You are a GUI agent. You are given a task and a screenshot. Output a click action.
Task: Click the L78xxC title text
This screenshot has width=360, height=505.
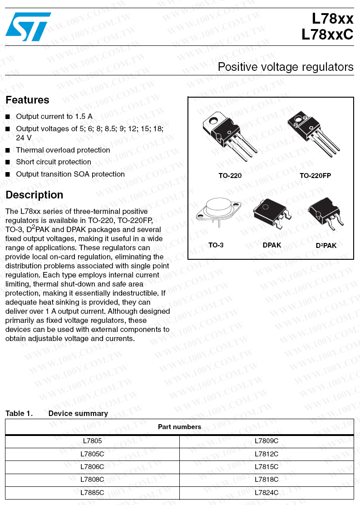point(327,35)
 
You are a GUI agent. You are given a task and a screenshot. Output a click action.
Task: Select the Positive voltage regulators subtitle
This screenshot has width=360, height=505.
point(285,67)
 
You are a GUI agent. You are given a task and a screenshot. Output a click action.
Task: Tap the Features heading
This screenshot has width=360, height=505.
point(27,100)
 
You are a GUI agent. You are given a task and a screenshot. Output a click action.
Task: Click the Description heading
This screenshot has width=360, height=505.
point(34,195)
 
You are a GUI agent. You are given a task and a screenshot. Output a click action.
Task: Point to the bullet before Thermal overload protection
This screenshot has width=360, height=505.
point(8,150)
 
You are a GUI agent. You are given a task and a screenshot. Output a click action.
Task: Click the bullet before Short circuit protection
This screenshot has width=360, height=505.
point(8,162)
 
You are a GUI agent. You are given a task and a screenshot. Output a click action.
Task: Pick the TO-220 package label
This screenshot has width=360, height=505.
point(230,176)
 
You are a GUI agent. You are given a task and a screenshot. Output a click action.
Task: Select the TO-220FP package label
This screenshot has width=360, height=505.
point(315,176)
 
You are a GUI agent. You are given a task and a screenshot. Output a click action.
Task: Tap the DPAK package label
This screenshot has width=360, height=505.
point(272,245)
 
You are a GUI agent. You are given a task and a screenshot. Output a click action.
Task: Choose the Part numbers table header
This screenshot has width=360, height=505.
point(179,427)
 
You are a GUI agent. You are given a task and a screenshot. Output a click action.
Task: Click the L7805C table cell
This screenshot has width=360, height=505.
point(92,454)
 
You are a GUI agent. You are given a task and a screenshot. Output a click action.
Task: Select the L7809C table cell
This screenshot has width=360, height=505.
point(266,441)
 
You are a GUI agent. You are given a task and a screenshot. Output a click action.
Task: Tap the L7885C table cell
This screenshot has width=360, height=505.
point(92,492)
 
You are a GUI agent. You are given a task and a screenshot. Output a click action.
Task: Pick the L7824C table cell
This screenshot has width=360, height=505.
point(266,492)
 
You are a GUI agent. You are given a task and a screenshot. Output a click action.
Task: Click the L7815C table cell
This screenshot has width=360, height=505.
point(266,466)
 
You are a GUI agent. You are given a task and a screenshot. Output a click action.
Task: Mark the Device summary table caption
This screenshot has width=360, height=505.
point(78,413)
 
